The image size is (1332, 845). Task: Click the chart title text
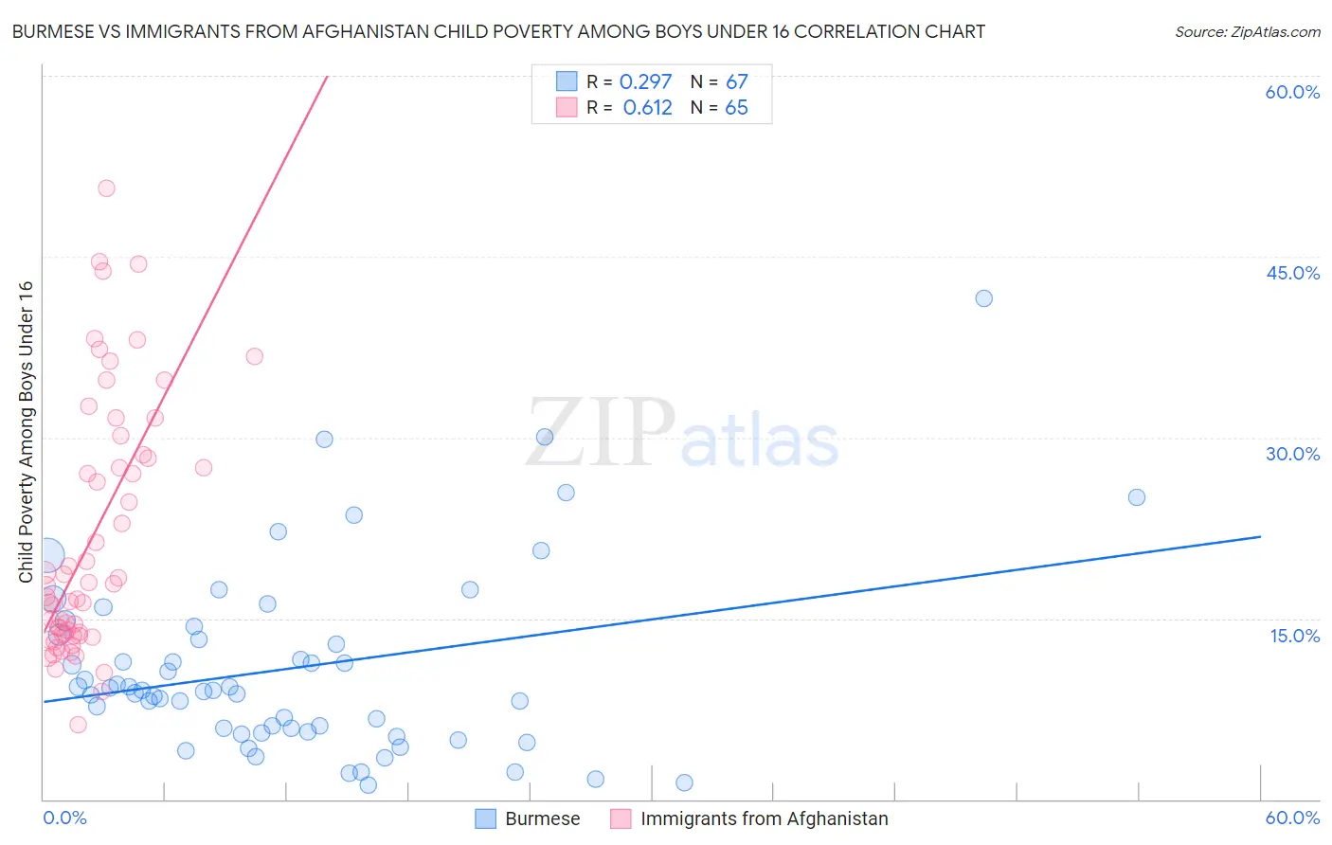498,31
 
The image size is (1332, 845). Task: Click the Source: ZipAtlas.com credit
1247,31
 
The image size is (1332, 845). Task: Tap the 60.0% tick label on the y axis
1292,92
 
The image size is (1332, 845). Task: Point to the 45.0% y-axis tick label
1292,273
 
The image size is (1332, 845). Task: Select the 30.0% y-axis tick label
1292,454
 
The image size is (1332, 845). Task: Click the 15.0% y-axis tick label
1294,636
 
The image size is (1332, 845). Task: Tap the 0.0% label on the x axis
64,818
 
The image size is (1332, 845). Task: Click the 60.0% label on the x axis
1292,818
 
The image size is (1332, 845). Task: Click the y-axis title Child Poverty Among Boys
26,432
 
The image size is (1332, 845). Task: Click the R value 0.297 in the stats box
645,82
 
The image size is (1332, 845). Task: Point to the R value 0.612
647,108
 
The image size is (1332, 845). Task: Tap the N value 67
736,82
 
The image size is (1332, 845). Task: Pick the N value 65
736,108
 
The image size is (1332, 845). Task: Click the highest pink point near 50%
106,189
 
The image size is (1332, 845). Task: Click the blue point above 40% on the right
983,298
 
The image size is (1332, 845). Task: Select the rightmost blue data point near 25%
1137,497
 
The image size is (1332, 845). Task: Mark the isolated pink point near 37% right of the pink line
254,356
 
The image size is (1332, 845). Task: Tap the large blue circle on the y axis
47,555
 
